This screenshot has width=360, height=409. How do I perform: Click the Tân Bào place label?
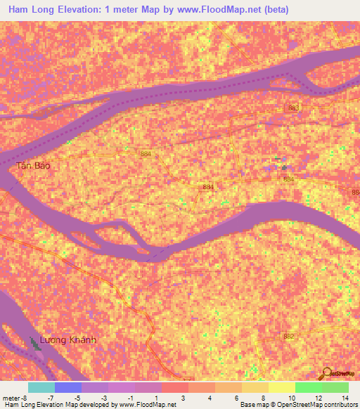point(33,167)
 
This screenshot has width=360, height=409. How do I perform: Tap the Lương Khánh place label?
point(67,340)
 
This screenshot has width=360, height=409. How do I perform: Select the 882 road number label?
point(288,337)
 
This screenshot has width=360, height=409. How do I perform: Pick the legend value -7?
point(61,397)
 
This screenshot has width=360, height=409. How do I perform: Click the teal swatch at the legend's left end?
point(41,387)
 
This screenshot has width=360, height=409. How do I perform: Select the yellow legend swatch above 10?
point(281,387)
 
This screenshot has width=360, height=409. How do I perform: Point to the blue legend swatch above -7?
point(67,387)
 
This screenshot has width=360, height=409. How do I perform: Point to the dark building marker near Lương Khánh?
point(36,344)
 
